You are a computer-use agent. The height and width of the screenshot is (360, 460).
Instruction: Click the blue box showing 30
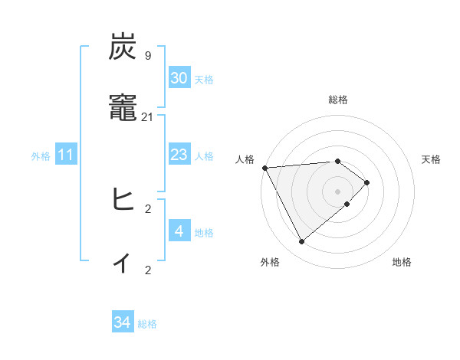pyautogui.click(x=179, y=78)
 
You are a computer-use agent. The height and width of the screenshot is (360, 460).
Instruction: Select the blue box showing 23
pyautogui.click(x=179, y=155)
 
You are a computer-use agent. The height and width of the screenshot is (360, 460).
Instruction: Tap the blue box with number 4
pyautogui.click(x=179, y=231)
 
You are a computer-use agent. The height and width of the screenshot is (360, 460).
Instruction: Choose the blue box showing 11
pyautogui.click(x=66, y=155)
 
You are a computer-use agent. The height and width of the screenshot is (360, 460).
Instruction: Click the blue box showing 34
pyautogui.click(x=123, y=322)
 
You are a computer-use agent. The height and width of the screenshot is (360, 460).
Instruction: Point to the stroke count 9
pyautogui.click(x=148, y=55)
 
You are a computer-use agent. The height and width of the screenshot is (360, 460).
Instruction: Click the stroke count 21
pyautogui.click(x=148, y=116)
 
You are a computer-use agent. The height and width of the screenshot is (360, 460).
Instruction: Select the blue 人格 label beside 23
pyautogui.click(x=204, y=156)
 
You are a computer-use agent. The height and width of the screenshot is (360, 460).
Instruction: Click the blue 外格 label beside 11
pyautogui.click(x=41, y=156)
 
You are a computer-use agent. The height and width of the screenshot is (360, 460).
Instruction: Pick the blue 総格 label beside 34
pyautogui.click(x=147, y=324)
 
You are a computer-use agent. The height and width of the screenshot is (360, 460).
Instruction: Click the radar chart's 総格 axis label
pyautogui.click(x=338, y=100)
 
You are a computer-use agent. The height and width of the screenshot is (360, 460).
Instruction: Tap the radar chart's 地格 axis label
pyautogui.click(x=402, y=262)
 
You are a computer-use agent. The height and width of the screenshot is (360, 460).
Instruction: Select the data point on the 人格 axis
pyautogui.click(x=264, y=168)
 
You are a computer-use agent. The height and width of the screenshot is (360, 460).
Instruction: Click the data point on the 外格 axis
pyautogui.click(x=302, y=242)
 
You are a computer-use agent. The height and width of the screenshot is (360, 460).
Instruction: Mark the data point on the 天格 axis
pyautogui.click(x=367, y=182)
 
